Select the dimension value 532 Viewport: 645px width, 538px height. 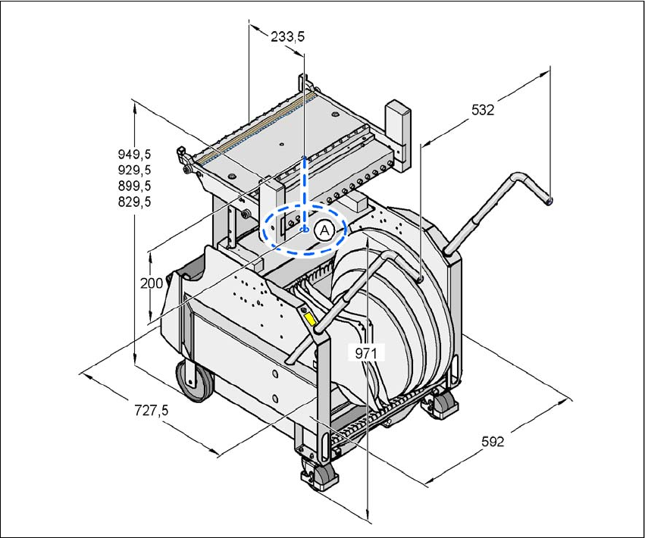pyautogui.click(x=482, y=110)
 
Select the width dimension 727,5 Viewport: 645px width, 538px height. pyautogui.click(x=151, y=411)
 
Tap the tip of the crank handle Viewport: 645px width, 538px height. pyautogui.click(x=550, y=201)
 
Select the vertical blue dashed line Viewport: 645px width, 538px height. pyautogui.click(x=305, y=189)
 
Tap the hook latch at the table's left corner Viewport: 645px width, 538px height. pyautogui.click(x=184, y=160)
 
